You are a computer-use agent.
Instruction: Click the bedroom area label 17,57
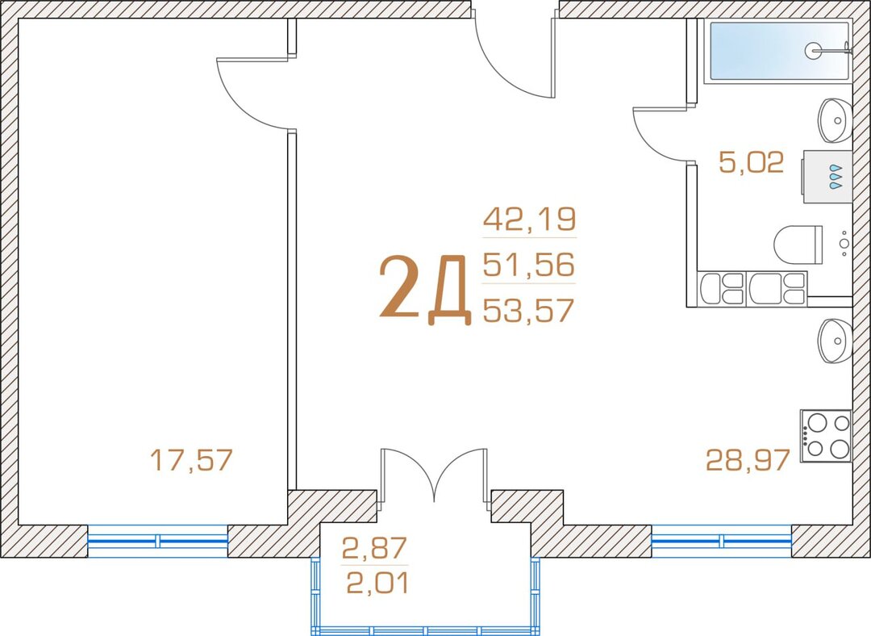click(191, 460)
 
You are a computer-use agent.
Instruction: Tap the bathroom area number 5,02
click(751, 161)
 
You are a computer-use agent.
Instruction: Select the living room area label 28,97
click(748, 460)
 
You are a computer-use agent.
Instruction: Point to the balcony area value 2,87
click(374, 548)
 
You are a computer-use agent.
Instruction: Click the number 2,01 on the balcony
click(377, 584)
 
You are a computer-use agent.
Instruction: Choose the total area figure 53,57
click(528, 310)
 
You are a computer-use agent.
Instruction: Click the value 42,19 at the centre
click(529, 219)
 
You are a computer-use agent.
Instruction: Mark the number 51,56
click(528, 265)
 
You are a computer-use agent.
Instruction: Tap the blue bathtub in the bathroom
click(778, 51)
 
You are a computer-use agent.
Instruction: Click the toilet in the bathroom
click(798, 245)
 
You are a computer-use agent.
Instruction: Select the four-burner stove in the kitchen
click(826, 436)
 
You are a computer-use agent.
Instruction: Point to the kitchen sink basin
click(835, 341)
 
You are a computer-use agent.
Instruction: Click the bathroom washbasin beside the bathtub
click(835, 120)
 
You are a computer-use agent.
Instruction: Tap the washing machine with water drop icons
click(827, 177)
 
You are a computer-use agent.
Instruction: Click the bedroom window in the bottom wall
click(158, 541)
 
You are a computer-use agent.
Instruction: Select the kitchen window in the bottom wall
click(721, 541)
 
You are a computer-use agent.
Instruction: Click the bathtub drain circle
click(813, 51)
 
